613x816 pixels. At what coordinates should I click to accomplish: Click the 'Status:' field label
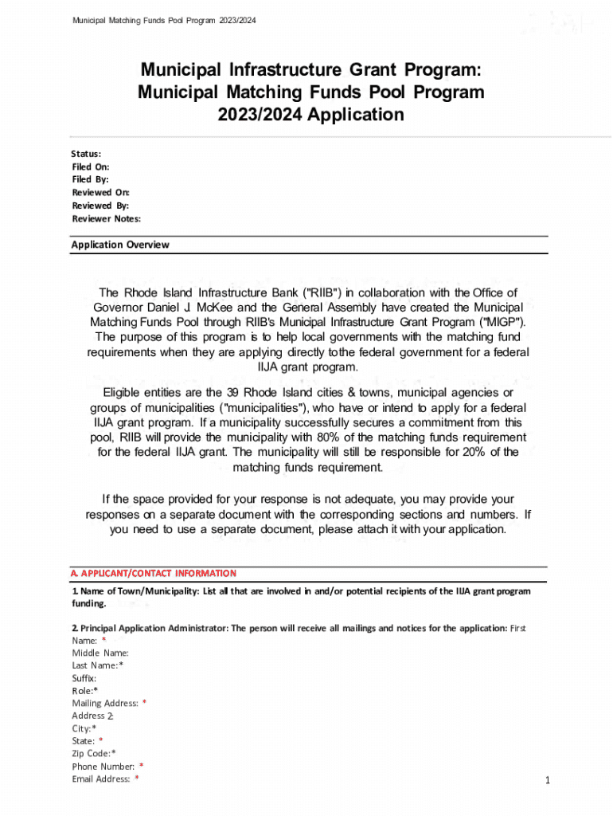coord(86,154)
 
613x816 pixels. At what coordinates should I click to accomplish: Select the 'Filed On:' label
coord(91,167)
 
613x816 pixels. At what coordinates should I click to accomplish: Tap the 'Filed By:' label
coord(90,179)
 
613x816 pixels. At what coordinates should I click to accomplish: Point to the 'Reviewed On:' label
coord(100,192)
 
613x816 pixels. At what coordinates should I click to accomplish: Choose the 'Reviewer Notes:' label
coord(106,218)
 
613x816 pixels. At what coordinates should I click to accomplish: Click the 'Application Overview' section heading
coord(120,245)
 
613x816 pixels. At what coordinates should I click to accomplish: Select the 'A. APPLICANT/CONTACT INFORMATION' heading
coord(154,573)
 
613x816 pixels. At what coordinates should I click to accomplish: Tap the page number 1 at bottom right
coord(548,780)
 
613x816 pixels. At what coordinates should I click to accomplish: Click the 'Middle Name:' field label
coord(100,653)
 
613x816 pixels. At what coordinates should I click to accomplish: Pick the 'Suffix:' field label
coord(84,678)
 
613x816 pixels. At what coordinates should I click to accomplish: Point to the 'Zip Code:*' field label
coord(94,753)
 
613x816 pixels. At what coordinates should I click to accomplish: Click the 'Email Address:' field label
coord(101,779)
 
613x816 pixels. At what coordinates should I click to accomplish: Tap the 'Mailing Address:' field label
coord(105,703)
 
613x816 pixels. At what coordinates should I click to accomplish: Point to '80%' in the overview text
coord(330,437)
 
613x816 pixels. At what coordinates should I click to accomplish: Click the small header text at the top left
coord(164,20)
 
